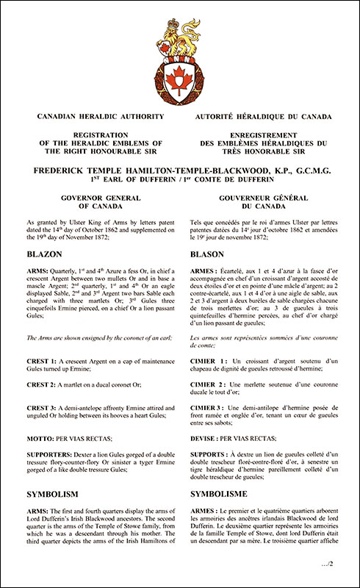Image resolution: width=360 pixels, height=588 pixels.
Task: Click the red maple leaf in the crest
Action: coord(180,76)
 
